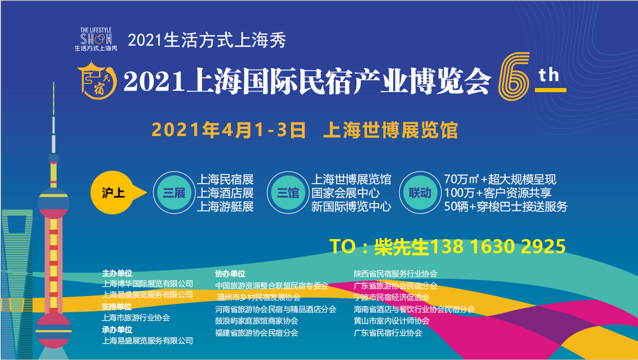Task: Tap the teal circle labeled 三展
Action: (x=174, y=193)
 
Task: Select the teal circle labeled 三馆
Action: (x=288, y=193)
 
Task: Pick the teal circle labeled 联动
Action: (x=420, y=193)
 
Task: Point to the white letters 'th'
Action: (x=549, y=75)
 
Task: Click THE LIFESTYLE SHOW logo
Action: (x=96, y=39)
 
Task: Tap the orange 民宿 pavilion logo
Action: (x=97, y=80)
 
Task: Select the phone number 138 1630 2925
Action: (x=497, y=246)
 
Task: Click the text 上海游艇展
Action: (x=225, y=207)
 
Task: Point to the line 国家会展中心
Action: (x=345, y=193)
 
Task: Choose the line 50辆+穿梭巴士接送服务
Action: (x=506, y=207)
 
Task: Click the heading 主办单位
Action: (x=117, y=274)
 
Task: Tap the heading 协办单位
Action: (x=230, y=274)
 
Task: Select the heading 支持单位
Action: (x=117, y=307)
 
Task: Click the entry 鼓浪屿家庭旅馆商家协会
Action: (x=256, y=321)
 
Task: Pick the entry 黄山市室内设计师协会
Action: (x=391, y=321)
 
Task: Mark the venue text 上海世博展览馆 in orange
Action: (x=390, y=130)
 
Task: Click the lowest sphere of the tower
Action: (x=53, y=331)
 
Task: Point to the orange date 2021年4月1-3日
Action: (x=229, y=130)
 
